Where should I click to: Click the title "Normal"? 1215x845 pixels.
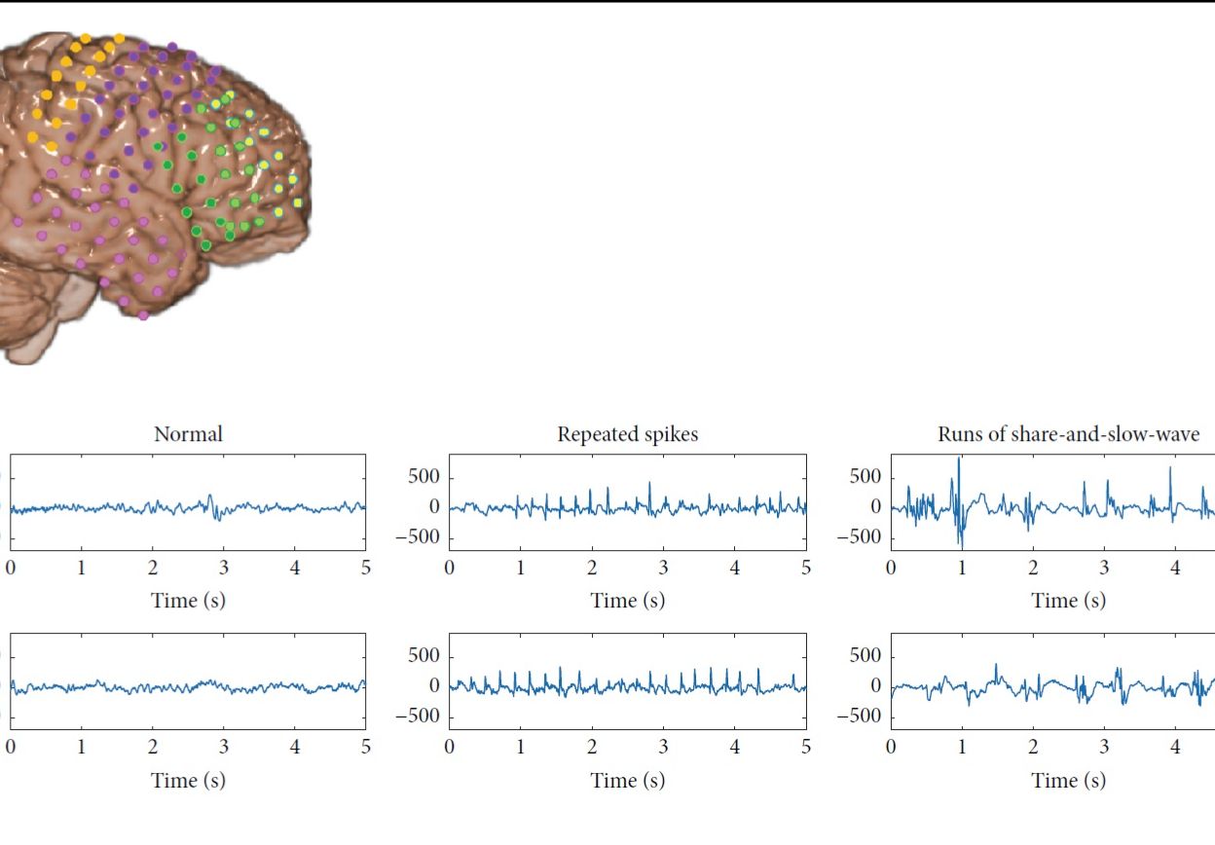(x=188, y=434)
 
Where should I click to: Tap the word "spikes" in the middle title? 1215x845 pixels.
(x=665, y=434)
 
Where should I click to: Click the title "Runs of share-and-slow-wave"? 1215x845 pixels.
(x=1068, y=434)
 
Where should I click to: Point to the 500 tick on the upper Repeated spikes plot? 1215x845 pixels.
(x=424, y=477)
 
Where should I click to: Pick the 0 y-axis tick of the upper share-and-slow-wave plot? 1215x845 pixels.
(x=875, y=507)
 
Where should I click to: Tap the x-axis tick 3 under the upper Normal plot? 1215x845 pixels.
(x=224, y=569)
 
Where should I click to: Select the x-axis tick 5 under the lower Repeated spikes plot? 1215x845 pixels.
(x=806, y=748)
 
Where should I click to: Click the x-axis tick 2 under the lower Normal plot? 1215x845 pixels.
(x=153, y=748)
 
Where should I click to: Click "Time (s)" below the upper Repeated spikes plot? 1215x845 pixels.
(x=628, y=601)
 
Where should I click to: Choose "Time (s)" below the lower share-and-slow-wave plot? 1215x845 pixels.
(x=1068, y=780)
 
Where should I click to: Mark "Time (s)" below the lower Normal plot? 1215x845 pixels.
(x=188, y=780)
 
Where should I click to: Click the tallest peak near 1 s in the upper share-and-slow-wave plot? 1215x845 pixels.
(x=958, y=459)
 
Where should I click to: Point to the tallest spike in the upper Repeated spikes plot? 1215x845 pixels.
(x=650, y=483)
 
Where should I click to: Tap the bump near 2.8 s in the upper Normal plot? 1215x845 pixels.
(x=209, y=497)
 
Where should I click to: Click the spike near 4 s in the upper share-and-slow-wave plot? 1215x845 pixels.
(x=1169, y=468)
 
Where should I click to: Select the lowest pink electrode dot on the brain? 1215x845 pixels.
(x=143, y=314)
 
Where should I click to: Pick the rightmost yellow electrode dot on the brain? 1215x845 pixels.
(x=297, y=202)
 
